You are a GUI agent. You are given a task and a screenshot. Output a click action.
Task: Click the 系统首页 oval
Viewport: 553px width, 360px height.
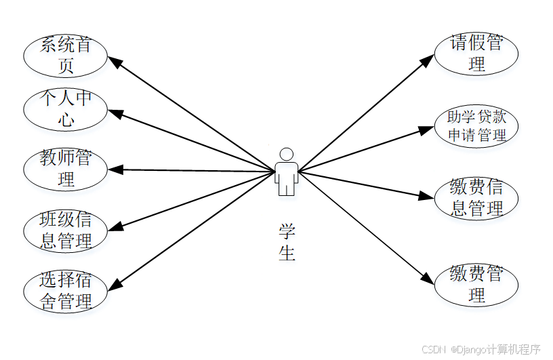click(66, 56)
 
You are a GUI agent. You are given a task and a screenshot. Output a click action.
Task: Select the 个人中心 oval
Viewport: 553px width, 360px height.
click(66, 109)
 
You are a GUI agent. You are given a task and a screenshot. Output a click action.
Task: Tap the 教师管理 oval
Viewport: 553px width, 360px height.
click(66, 169)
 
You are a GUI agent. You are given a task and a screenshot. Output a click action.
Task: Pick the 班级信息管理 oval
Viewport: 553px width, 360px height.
click(66, 231)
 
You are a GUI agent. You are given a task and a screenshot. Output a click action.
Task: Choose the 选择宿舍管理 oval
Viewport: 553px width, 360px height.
click(66, 292)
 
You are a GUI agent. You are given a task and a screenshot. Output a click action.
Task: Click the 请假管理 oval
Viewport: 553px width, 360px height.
click(476, 54)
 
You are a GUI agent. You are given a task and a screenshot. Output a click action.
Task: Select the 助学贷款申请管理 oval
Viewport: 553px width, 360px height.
click(476, 126)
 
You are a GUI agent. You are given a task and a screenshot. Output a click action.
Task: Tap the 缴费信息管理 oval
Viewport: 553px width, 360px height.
click(476, 198)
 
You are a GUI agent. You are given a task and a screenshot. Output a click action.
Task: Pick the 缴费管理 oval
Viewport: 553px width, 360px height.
click(476, 285)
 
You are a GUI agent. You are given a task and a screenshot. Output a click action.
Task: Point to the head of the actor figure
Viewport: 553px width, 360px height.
click(287, 154)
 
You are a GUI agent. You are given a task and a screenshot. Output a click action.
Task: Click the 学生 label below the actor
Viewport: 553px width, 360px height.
click(287, 242)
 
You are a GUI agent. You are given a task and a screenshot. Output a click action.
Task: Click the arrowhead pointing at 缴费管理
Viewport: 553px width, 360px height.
click(426, 278)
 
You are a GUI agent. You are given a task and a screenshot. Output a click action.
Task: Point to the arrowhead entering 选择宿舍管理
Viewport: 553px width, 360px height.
click(116, 285)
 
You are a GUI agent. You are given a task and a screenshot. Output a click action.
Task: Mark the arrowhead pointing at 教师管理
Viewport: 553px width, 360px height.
click(115, 169)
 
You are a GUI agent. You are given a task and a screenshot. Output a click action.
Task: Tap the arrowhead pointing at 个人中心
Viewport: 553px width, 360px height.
click(116, 113)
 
